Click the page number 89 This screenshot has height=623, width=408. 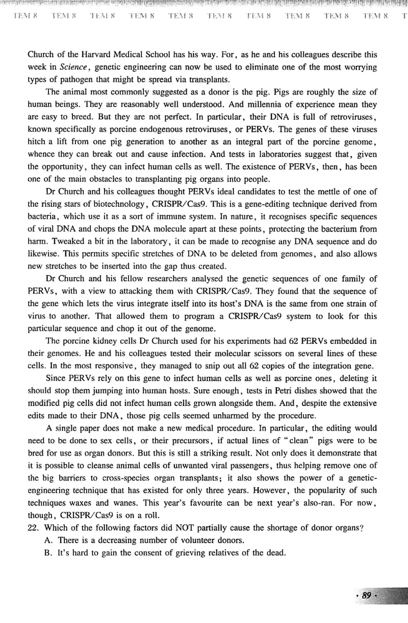(x=366, y=596)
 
